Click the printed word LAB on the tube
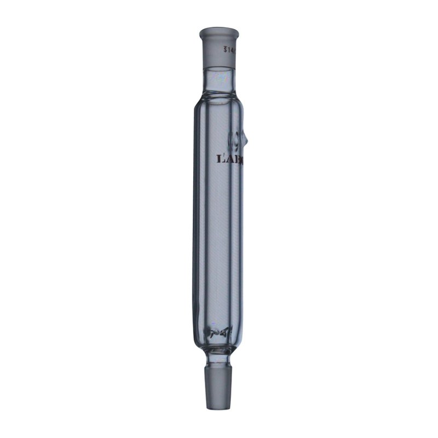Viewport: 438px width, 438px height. pyautogui.click(x=230, y=160)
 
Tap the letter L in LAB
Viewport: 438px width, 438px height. pyautogui.click(x=222, y=160)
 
